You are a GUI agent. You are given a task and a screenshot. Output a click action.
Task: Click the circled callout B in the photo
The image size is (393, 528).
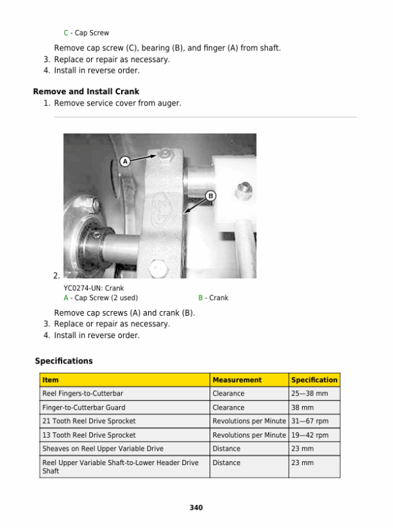tap(211, 196)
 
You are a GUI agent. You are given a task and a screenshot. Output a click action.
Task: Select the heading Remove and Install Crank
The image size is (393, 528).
tap(86, 92)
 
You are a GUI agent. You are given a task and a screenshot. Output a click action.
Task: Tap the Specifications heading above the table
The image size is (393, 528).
tap(64, 361)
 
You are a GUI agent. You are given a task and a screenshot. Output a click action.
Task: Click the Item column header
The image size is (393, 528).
tap(50, 380)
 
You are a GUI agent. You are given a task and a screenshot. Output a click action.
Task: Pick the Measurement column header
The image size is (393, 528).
tap(236, 380)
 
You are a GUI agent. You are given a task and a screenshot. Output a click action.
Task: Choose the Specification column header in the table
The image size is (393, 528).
tap(314, 380)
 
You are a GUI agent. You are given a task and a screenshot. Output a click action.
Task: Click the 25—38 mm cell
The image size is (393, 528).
tap(305, 394)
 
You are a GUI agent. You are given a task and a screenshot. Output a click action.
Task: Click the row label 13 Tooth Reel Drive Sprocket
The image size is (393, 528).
tap(89, 435)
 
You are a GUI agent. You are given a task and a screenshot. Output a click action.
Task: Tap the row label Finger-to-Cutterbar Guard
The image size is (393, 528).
tap(84, 407)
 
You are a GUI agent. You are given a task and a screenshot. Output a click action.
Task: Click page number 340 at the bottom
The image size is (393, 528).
tap(196, 508)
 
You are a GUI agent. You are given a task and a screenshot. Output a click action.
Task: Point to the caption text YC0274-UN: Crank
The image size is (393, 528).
tap(94, 288)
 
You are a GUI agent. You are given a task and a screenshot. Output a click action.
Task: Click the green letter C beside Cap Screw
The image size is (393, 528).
tap(65, 33)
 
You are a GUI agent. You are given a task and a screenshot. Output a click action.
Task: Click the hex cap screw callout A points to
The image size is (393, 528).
tap(165, 153)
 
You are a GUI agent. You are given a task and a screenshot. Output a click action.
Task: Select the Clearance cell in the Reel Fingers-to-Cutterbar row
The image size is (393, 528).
tap(229, 394)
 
